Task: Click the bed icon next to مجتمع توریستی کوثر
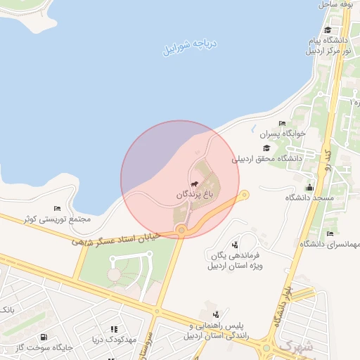(57, 209)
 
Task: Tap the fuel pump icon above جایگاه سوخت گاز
(45, 337)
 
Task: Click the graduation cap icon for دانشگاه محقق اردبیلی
(266, 148)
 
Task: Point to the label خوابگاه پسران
(281, 134)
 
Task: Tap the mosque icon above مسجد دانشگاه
(309, 187)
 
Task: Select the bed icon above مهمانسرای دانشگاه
(330, 233)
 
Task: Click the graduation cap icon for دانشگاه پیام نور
(328, 30)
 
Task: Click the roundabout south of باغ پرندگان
(181, 230)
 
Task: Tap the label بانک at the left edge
(6, 310)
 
